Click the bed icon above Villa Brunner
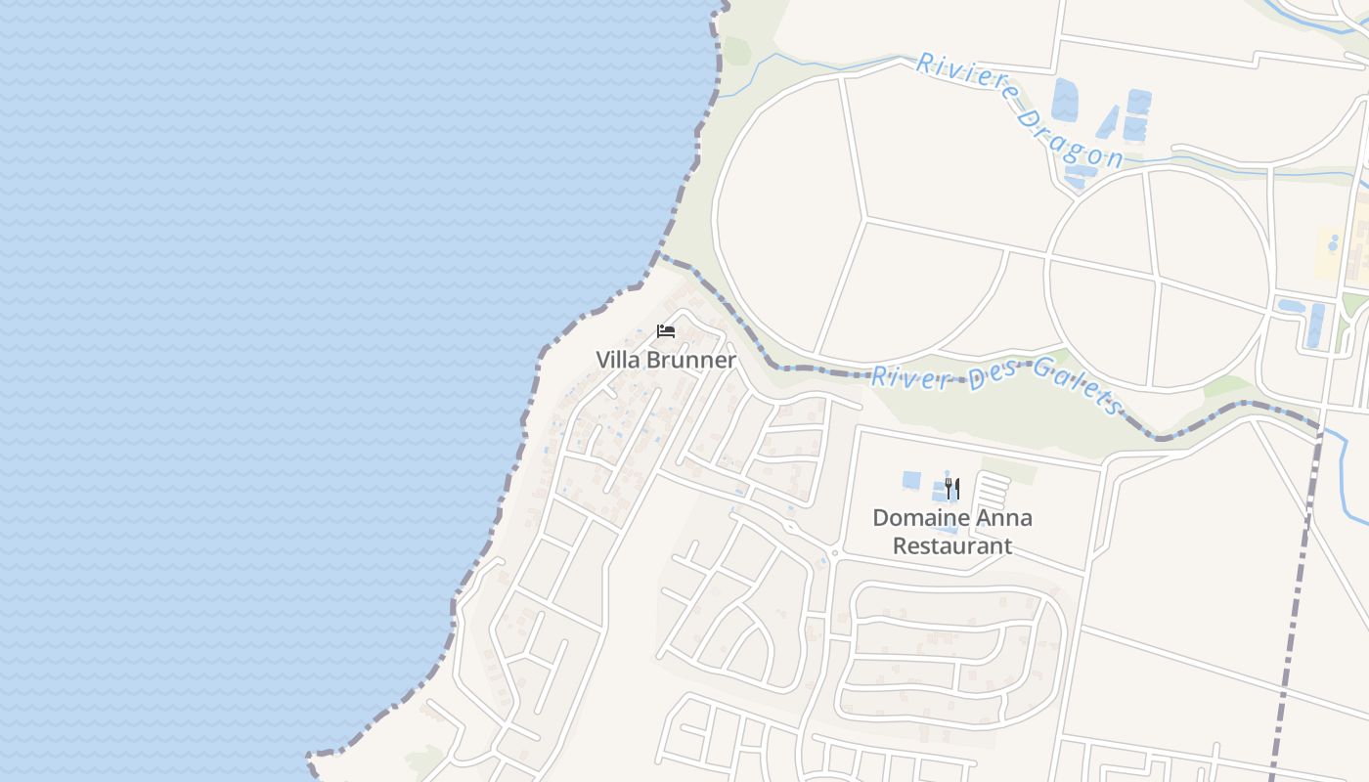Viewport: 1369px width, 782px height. coord(666,331)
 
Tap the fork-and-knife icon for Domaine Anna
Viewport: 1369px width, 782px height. coord(951,488)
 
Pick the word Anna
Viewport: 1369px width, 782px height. coord(1001,518)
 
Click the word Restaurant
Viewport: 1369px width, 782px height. coord(951,545)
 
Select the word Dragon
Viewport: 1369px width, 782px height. coord(1070,138)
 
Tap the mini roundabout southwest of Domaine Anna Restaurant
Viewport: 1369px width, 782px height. coord(833,553)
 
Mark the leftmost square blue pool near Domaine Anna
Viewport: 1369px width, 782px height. coord(911,480)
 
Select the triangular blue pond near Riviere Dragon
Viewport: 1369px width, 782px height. coord(1108,121)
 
